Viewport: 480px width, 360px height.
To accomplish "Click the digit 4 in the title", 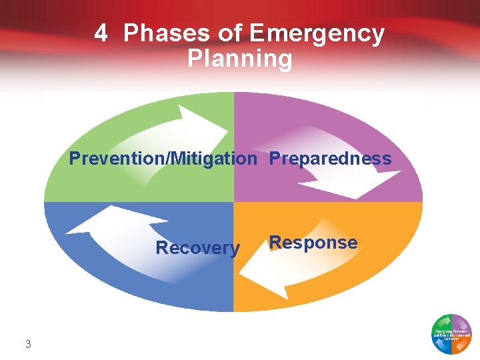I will click(101, 33).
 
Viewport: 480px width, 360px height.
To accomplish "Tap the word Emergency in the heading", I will click(317, 33).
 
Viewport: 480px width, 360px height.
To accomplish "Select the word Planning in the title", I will click(240, 59).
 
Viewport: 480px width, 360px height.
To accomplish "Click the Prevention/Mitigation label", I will click(163, 159).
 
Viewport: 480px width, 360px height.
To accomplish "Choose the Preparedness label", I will click(330, 159).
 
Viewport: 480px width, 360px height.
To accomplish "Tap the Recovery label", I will click(197, 248).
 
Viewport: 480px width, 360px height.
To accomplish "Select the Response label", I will click(313, 243).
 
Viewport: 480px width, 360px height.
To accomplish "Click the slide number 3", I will click(28, 344).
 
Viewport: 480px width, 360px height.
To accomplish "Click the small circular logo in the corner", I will click(451, 333).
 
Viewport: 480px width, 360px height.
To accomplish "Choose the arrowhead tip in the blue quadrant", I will click(67, 232).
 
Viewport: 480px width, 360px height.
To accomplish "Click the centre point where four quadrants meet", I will click(233, 202).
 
